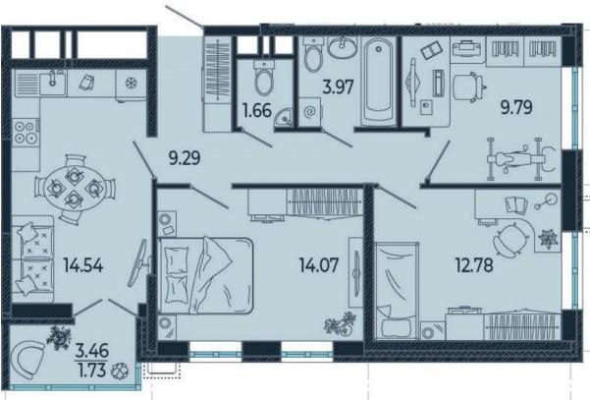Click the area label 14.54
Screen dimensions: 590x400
pyautogui.click(x=83, y=265)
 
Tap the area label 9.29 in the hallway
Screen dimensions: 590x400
pyautogui.click(x=185, y=158)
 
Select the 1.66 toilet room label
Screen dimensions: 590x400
pyautogui.click(x=257, y=111)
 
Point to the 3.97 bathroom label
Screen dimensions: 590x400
pyautogui.click(x=339, y=87)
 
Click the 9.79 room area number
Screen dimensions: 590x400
pyautogui.click(x=516, y=107)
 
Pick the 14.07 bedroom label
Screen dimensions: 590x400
pyautogui.click(x=319, y=264)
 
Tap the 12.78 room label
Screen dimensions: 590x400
pyautogui.click(x=474, y=264)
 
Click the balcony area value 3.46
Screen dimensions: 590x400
pyautogui.click(x=92, y=351)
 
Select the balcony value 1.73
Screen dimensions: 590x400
pyautogui.click(x=92, y=371)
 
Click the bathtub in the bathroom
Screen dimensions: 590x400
pyautogui.click(x=378, y=81)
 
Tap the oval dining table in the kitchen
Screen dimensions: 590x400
pyautogui.click(x=74, y=188)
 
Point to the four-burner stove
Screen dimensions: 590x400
pyautogui.click(x=26, y=133)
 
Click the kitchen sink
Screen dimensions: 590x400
pyautogui.click(x=53, y=83)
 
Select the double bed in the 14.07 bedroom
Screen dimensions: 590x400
pyautogui.click(x=205, y=275)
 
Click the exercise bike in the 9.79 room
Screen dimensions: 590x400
pyautogui.click(x=518, y=159)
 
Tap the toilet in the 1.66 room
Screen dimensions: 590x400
pyautogui.click(x=263, y=78)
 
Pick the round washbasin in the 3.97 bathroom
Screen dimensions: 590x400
pyautogui.click(x=342, y=48)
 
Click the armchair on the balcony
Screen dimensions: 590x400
pyautogui.click(x=27, y=361)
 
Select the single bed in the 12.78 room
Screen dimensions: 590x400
pyautogui.click(x=397, y=290)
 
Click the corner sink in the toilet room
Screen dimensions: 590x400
pyautogui.click(x=283, y=117)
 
